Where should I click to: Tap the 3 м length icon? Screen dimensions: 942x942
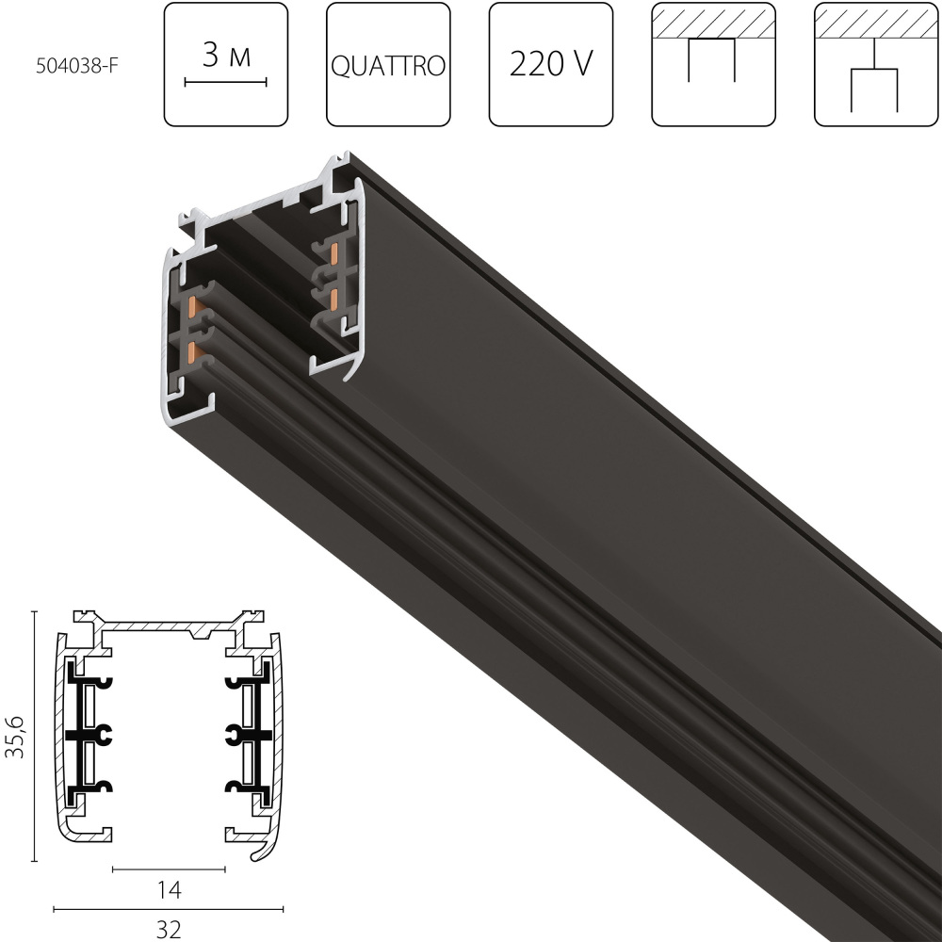click(226, 64)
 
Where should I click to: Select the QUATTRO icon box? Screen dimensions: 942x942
click(388, 64)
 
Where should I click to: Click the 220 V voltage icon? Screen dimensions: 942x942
click(550, 64)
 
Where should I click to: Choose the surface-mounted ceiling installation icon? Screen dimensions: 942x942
click(713, 64)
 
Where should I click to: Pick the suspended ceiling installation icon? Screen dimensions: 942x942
click(875, 64)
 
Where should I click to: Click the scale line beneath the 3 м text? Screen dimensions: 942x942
click(226, 83)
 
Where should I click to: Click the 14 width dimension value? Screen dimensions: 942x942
click(170, 888)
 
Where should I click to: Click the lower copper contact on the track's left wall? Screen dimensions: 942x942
click(193, 352)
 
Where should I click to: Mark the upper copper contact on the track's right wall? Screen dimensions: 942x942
click(334, 252)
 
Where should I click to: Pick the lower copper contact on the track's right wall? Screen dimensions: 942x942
click(334, 297)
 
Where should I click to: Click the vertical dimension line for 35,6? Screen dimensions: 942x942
click(35, 737)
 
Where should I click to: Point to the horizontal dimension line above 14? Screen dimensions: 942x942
click(170, 869)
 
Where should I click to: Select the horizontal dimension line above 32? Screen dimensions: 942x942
click(170, 909)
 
